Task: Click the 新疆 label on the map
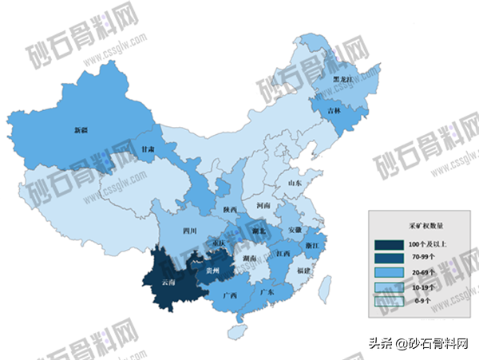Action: (x=81, y=129)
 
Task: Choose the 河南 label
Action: (x=263, y=205)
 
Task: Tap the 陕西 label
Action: (x=230, y=209)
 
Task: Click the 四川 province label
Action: (x=189, y=231)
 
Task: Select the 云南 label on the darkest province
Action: (x=168, y=283)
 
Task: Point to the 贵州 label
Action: (x=212, y=271)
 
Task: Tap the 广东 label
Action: (x=267, y=293)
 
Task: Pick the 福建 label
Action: (x=303, y=271)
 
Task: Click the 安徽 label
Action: (x=293, y=230)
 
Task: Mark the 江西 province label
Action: (x=283, y=254)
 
